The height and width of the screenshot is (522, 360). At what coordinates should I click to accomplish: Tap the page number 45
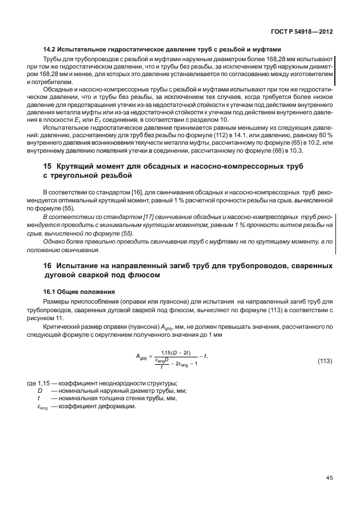point(329,478)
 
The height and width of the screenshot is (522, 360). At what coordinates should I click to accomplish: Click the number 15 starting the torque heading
point(48,166)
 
